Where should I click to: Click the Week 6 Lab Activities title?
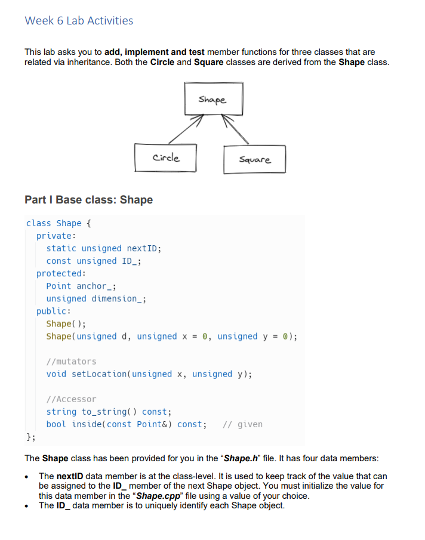[x=79, y=21]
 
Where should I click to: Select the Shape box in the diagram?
[x=213, y=100]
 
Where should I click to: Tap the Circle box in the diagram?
[x=165, y=158]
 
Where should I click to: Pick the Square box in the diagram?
[x=254, y=159]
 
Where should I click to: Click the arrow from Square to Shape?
[x=236, y=129]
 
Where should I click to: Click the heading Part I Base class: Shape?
[x=88, y=200]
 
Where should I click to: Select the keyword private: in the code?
[x=56, y=236]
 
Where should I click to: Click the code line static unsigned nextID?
[x=104, y=248]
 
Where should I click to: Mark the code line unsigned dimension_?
[x=96, y=298]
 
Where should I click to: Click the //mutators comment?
[x=71, y=362]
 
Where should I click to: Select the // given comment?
[x=242, y=424]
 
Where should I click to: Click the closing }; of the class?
[x=30, y=437]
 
